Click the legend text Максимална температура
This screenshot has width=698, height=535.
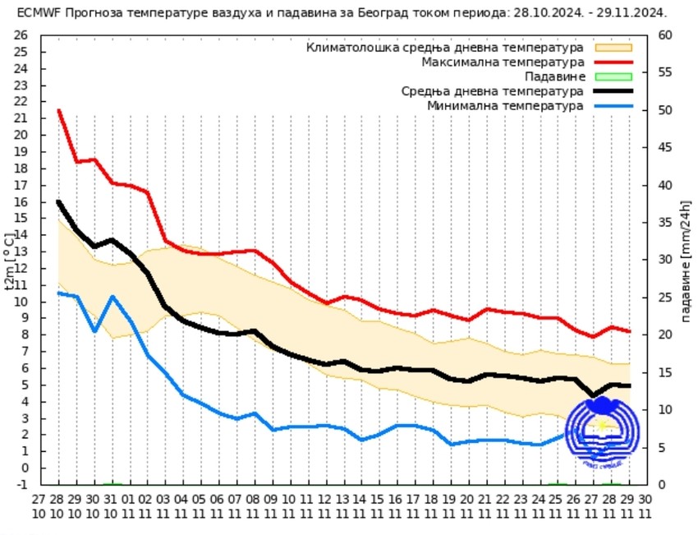(x=503, y=62)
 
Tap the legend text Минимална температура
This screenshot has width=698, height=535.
(x=505, y=105)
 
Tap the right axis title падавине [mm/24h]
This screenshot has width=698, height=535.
(x=685, y=261)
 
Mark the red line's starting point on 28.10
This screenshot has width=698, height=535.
(x=59, y=110)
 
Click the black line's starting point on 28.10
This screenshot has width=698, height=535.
(x=59, y=201)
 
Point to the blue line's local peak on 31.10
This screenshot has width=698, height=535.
(x=113, y=297)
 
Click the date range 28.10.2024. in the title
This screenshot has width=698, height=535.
(x=537, y=13)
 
